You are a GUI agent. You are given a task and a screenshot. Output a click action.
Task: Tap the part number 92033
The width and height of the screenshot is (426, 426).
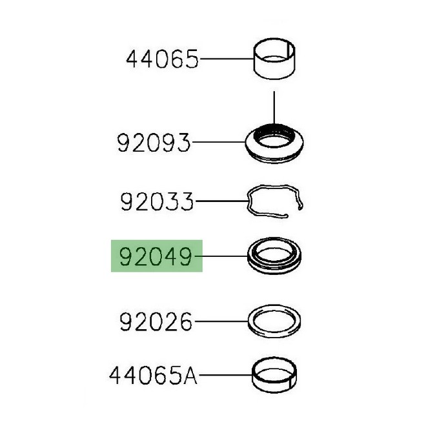(x=157, y=203)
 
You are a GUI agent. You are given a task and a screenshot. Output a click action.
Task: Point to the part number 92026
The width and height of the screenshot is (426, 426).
(x=156, y=321)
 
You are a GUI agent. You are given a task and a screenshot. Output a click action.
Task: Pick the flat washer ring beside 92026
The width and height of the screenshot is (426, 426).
(x=276, y=320)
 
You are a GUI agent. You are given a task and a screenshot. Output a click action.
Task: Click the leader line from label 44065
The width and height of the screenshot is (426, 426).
(x=226, y=61)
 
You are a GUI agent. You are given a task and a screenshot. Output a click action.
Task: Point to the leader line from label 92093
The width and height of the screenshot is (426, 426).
(x=219, y=142)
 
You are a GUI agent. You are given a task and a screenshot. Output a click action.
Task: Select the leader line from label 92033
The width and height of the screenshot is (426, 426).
(x=223, y=203)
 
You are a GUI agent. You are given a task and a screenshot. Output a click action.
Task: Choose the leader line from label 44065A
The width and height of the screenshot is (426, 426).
(x=224, y=374)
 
